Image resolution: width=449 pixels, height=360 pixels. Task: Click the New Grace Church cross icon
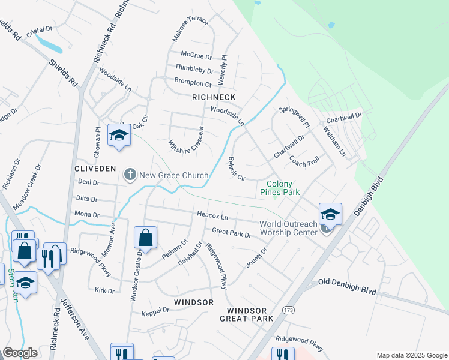(x=129, y=175)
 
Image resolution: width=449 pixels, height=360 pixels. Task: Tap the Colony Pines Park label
(x=279, y=188)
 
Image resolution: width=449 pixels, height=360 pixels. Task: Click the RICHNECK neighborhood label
(x=214, y=97)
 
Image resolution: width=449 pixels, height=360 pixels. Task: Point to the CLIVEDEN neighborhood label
(x=95, y=169)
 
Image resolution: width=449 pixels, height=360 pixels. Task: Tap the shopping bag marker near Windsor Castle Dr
(x=146, y=238)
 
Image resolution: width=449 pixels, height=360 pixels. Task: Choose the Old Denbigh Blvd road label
(x=348, y=286)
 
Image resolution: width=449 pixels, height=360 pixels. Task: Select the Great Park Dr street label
(x=232, y=233)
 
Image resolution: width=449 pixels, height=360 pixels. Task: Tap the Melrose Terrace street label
(x=190, y=29)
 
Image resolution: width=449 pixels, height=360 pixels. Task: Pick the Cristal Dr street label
(x=40, y=29)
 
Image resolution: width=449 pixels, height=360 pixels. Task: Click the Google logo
(x=20, y=353)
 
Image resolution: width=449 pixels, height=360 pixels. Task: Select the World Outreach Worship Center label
(x=288, y=228)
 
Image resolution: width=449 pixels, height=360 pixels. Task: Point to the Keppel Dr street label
(x=155, y=311)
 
